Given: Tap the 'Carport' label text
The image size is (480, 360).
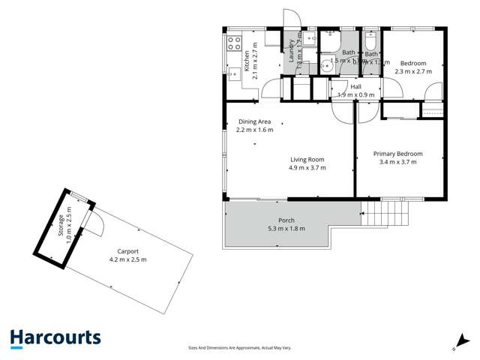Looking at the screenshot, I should [x=127, y=252].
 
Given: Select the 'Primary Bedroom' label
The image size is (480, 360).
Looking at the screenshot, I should [x=397, y=154].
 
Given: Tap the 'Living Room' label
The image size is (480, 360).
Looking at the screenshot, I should [x=307, y=159].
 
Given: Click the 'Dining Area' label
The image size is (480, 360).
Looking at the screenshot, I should [x=255, y=121].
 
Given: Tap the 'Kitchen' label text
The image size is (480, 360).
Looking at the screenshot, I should [x=248, y=59].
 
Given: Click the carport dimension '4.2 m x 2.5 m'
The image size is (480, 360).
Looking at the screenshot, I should [x=127, y=260].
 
